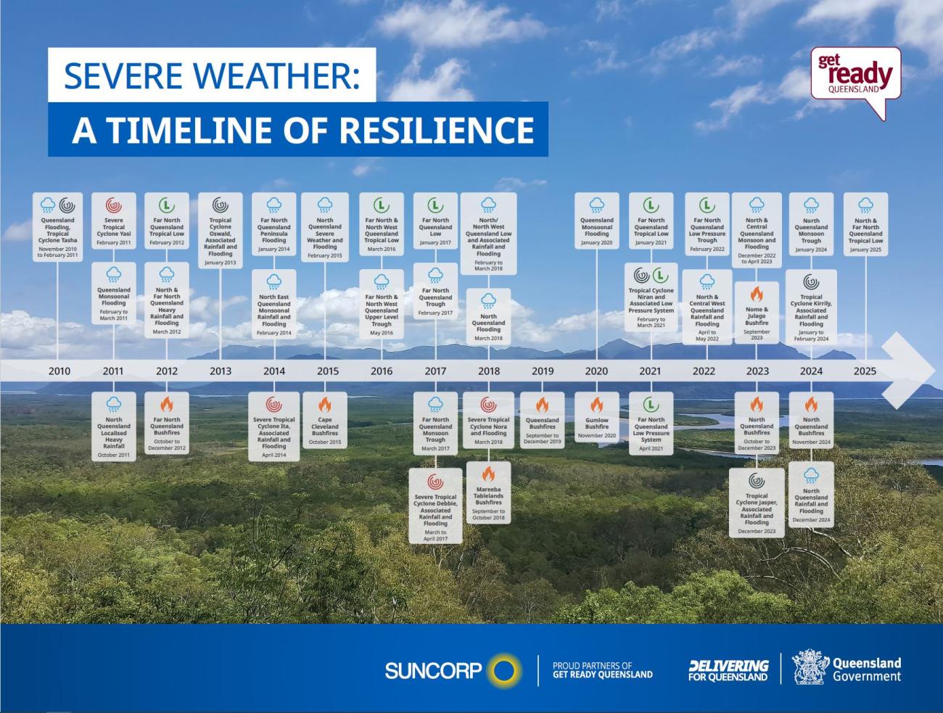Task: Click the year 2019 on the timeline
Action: (542, 371)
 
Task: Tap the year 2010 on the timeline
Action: (59, 371)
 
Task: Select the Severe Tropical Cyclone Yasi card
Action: (114, 221)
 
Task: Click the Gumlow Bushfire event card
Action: (596, 416)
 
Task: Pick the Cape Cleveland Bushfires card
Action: (325, 420)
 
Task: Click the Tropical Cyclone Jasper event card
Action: (757, 502)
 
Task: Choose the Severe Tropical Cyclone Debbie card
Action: (435, 506)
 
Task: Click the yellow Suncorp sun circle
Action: (504, 669)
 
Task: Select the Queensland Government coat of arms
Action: (810, 667)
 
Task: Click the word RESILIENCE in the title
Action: (436, 129)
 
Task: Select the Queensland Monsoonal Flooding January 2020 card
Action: (596, 221)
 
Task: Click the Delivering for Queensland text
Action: (728, 670)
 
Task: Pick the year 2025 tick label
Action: (865, 371)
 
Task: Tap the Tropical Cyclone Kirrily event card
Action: (811, 308)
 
